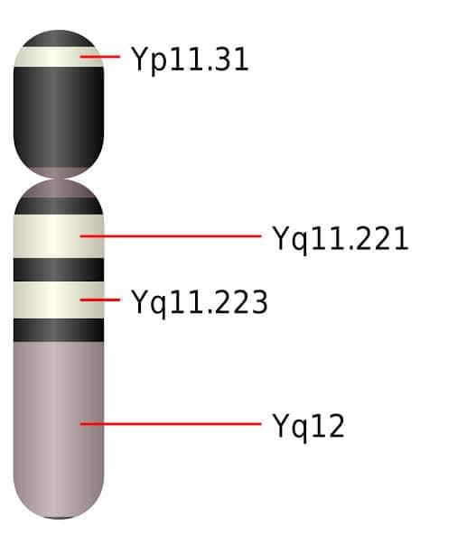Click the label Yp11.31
pos(191,60)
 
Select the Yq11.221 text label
pos(341,239)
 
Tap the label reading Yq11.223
pos(200,302)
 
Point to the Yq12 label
pos(309,427)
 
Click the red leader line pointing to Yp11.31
pos(99,56)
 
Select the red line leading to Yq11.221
pos(171,235)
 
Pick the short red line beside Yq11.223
pos(99,300)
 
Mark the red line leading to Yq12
pos(171,424)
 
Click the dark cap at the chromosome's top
pos(59,39)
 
